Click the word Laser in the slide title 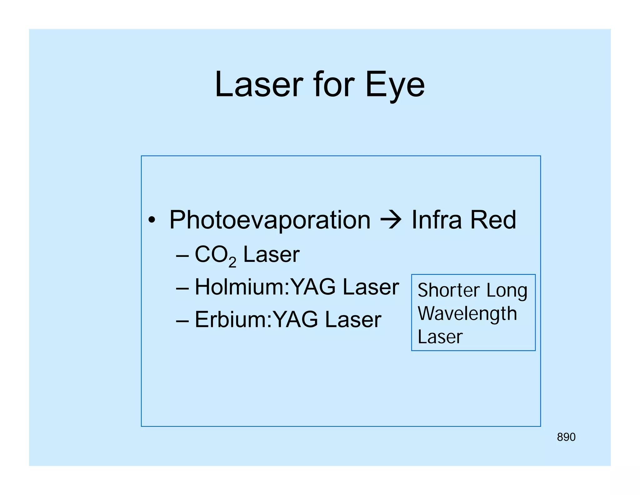tap(259, 84)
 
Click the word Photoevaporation tap(270, 220)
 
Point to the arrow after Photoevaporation tap(391, 220)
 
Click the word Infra tap(436, 220)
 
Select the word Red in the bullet tap(493, 220)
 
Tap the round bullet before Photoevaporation tap(152, 220)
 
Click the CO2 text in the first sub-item tap(215, 255)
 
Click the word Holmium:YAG tap(265, 287)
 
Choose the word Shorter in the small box tap(448, 290)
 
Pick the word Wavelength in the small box tap(467, 314)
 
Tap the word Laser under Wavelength tap(440, 337)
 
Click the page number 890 tap(566, 437)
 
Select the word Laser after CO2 tap(271, 254)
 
